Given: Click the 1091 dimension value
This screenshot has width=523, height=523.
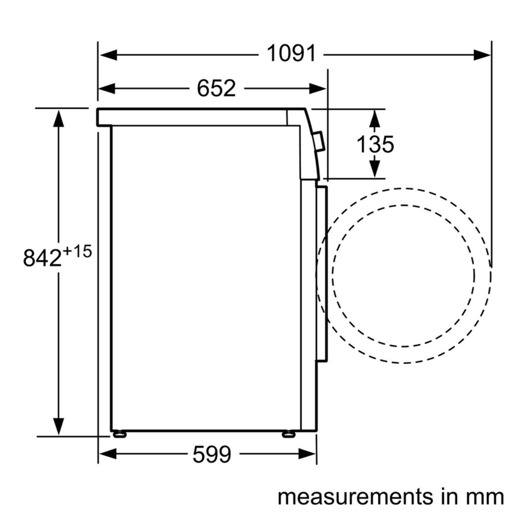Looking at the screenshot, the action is (x=291, y=54).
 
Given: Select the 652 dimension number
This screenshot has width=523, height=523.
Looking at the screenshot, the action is (x=216, y=88).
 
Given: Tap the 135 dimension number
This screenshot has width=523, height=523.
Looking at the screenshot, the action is (x=375, y=144).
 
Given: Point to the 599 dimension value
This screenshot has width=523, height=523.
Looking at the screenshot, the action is (x=212, y=454).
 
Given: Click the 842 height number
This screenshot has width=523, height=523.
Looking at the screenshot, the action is (x=42, y=258).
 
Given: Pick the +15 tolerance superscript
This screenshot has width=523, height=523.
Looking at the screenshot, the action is (x=77, y=251).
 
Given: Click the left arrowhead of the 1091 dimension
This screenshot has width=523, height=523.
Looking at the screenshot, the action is (x=109, y=55).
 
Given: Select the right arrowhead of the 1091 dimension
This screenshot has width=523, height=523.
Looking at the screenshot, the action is (x=482, y=55).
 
